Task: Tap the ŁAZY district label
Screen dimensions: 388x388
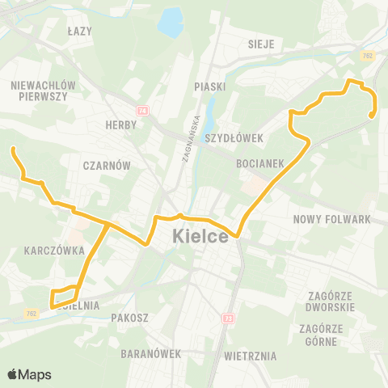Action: (x=81, y=31)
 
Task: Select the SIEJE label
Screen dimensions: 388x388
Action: (x=262, y=43)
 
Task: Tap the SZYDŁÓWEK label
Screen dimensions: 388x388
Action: (x=234, y=138)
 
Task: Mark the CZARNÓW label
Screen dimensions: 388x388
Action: (x=107, y=165)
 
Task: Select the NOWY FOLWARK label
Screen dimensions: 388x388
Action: (x=331, y=219)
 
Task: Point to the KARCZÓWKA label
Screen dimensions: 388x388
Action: (x=55, y=251)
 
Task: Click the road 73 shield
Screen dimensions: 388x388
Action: (x=229, y=319)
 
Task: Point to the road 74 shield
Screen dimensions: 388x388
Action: (x=142, y=110)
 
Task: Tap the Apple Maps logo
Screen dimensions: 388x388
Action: (x=29, y=374)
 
